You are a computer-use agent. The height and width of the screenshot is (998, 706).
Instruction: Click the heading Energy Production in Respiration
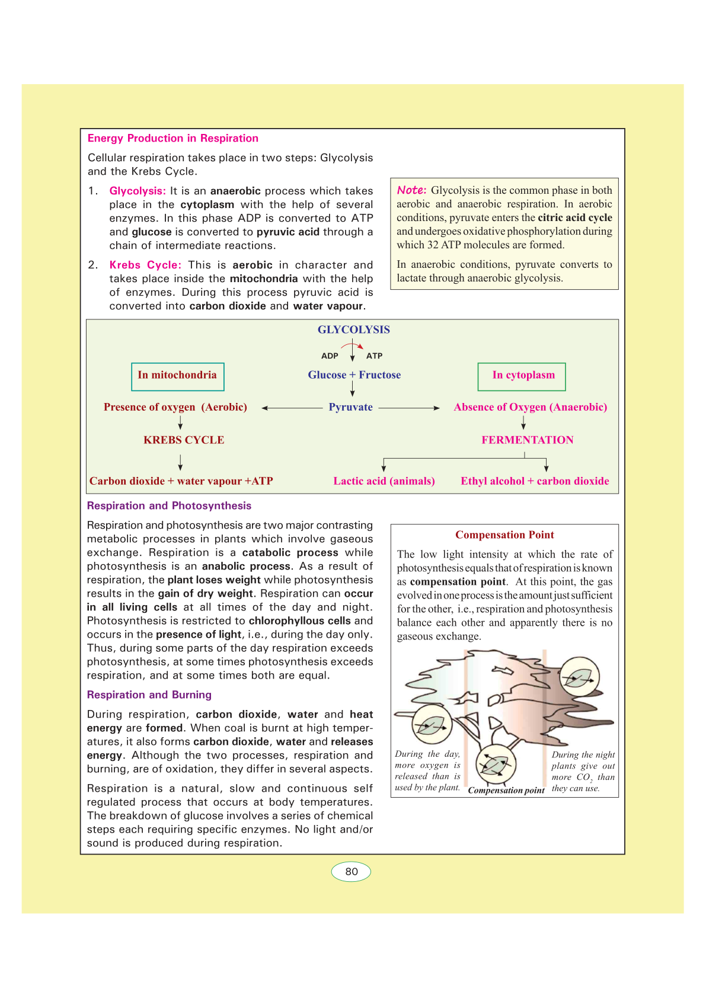pos(172,138)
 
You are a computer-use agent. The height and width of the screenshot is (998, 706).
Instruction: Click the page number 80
pos(351,871)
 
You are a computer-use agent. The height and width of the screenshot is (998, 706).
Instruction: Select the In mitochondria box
pos(177,376)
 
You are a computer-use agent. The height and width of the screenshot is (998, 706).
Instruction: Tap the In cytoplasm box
pos(522,376)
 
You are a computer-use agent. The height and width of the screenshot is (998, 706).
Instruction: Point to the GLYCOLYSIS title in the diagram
pos(353,330)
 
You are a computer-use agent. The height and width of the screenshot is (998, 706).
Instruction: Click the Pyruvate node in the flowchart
pos(350,407)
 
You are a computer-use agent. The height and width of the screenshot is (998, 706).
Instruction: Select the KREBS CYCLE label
pos(184,440)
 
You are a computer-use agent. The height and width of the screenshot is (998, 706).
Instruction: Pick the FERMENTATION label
pos(527,440)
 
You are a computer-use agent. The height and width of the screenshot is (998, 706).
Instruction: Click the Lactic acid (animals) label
pos(384,481)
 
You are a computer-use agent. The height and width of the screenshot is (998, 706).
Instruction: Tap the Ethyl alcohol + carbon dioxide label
pos(535,481)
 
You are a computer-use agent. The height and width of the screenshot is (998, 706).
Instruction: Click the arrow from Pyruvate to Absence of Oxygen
pos(409,408)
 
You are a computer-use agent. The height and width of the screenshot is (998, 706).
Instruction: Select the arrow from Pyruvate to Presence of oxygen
pos(292,408)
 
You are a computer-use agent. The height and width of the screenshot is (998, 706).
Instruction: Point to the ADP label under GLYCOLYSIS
pos(330,356)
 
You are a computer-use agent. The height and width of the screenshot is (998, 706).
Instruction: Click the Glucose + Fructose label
pos(354,375)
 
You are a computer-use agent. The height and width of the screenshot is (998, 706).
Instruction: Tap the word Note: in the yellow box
pos(411,190)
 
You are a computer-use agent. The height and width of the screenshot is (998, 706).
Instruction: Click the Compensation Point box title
pos(504,535)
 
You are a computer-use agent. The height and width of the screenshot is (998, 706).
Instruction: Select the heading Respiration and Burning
pos(149,695)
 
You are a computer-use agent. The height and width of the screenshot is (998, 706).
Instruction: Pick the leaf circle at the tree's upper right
pos(579,677)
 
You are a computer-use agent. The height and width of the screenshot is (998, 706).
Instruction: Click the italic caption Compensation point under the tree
pos(506,790)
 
